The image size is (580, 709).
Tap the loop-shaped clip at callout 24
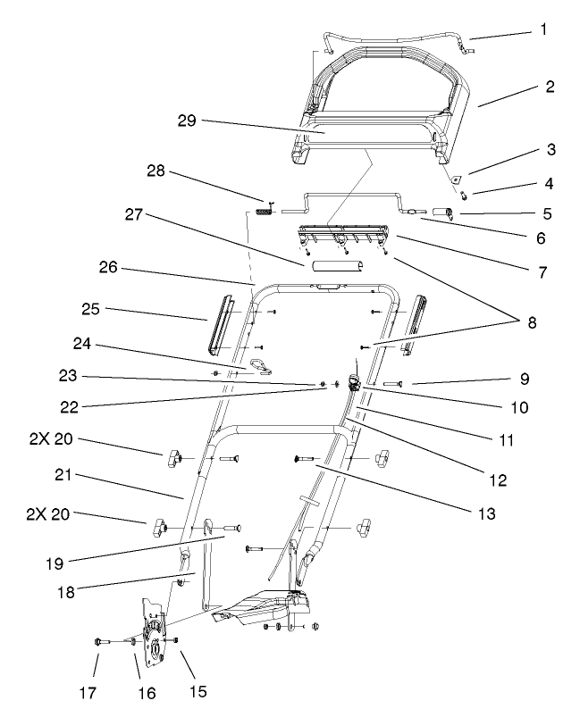click(x=261, y=363)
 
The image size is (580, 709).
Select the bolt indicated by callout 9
click(x=397, y=383)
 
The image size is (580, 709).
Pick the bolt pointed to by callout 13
click(x=306, y=458)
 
